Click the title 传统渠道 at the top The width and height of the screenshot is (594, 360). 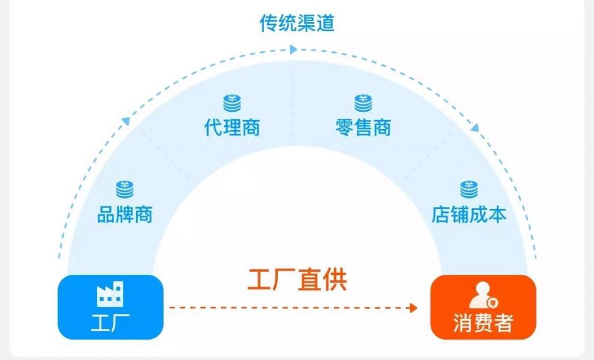click(296, 23)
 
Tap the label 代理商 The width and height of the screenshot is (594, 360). click(232, 127)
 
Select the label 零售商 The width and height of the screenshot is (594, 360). click(363, 127)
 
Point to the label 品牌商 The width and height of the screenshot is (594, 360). click(125, 214)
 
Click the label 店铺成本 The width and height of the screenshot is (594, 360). click(469, 214)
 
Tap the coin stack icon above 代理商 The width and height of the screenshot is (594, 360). click(232, 103)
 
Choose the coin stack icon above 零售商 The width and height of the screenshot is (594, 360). click(363, 103)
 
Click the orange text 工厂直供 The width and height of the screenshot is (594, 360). click(297, 280)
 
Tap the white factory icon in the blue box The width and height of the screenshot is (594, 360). click(110, 293)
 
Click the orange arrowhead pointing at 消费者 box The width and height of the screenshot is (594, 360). click(412, 308)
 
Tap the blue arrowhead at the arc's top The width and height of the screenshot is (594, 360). click(293, 50)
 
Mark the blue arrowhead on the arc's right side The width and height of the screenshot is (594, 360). click(475, 127)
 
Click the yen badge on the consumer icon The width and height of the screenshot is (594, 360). click(493, 302)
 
